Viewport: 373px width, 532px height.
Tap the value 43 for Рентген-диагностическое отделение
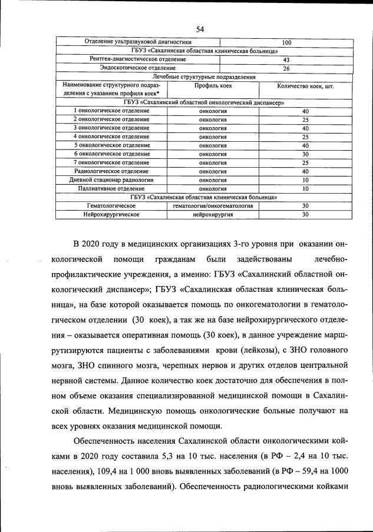pyautogui.click(x=286, y=60)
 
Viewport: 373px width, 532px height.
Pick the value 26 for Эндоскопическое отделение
pyautogui.click(x=286, y=68)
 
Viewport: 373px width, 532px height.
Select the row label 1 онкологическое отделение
pyautogui.click(x=111, y=111)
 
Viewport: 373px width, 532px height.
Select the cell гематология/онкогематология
pyautogui.click(x=213, y=206)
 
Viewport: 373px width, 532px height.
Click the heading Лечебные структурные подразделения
pyautogui.click(x=203, y=77)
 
